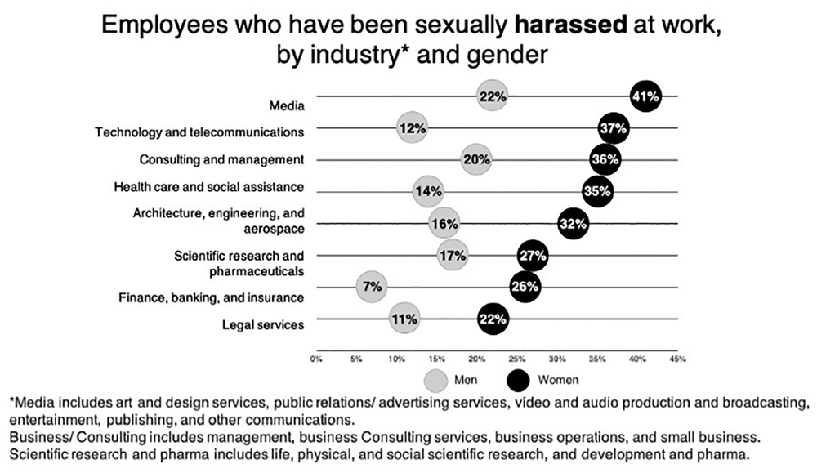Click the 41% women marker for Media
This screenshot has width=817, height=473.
click(645, 96)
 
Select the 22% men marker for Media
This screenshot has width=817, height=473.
click(493, 96)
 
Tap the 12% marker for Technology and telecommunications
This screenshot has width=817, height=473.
click(413, 128)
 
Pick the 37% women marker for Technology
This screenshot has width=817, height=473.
click(613, 128)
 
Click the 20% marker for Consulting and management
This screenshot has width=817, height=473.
click(476, 159)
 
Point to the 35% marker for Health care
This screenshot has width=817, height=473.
click(597, 192)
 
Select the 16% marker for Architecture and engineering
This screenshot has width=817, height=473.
click(444, 223)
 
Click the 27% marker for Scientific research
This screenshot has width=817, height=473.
click(533, 256)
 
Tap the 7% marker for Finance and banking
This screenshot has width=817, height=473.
click(373, 287)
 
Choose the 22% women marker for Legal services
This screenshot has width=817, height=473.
click(493, 319)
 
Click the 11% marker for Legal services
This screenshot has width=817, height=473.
click(404, 319)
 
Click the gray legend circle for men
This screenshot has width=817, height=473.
click(437, 380)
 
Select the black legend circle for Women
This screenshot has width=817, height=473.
click(518, 380)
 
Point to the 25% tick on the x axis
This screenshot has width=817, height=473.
click(517, 358)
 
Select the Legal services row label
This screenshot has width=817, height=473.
click(263, 324)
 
